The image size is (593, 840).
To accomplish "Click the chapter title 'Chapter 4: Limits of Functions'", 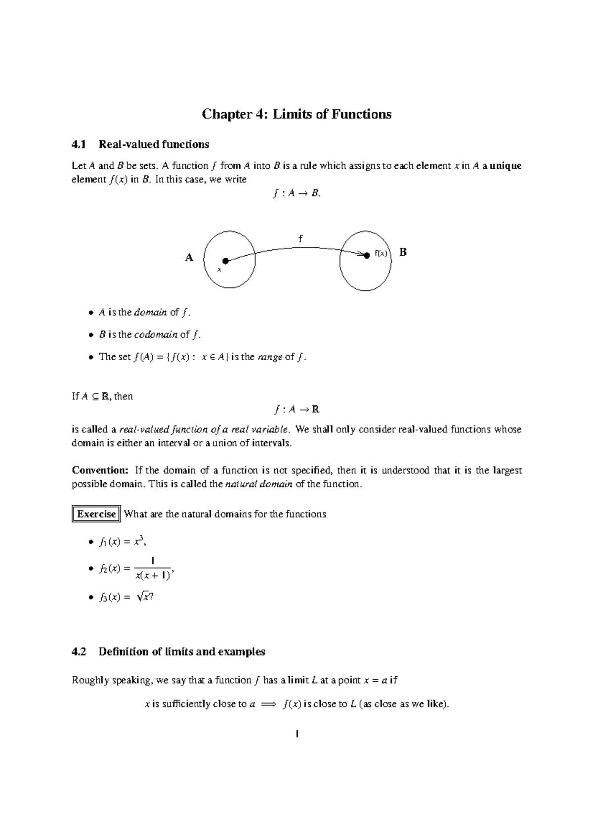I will click(x=296, y=114).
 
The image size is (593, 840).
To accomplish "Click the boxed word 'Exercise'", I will click(x=96, y=514).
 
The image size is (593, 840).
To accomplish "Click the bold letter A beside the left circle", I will click(x=189, y=257).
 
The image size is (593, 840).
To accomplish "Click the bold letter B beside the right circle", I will click(x=403, y=252).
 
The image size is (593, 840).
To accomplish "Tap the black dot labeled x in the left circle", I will click(x=225, y=261).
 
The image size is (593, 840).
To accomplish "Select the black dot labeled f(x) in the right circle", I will click(x=367, y=255).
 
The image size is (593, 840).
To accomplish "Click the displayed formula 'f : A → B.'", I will click(x=296, y=194).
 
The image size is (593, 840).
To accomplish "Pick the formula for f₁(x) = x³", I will click(x=122, y=542).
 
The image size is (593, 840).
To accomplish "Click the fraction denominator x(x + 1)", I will click(x=153, y=575).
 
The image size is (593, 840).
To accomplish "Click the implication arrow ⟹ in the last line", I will click(x=266, y=704).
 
